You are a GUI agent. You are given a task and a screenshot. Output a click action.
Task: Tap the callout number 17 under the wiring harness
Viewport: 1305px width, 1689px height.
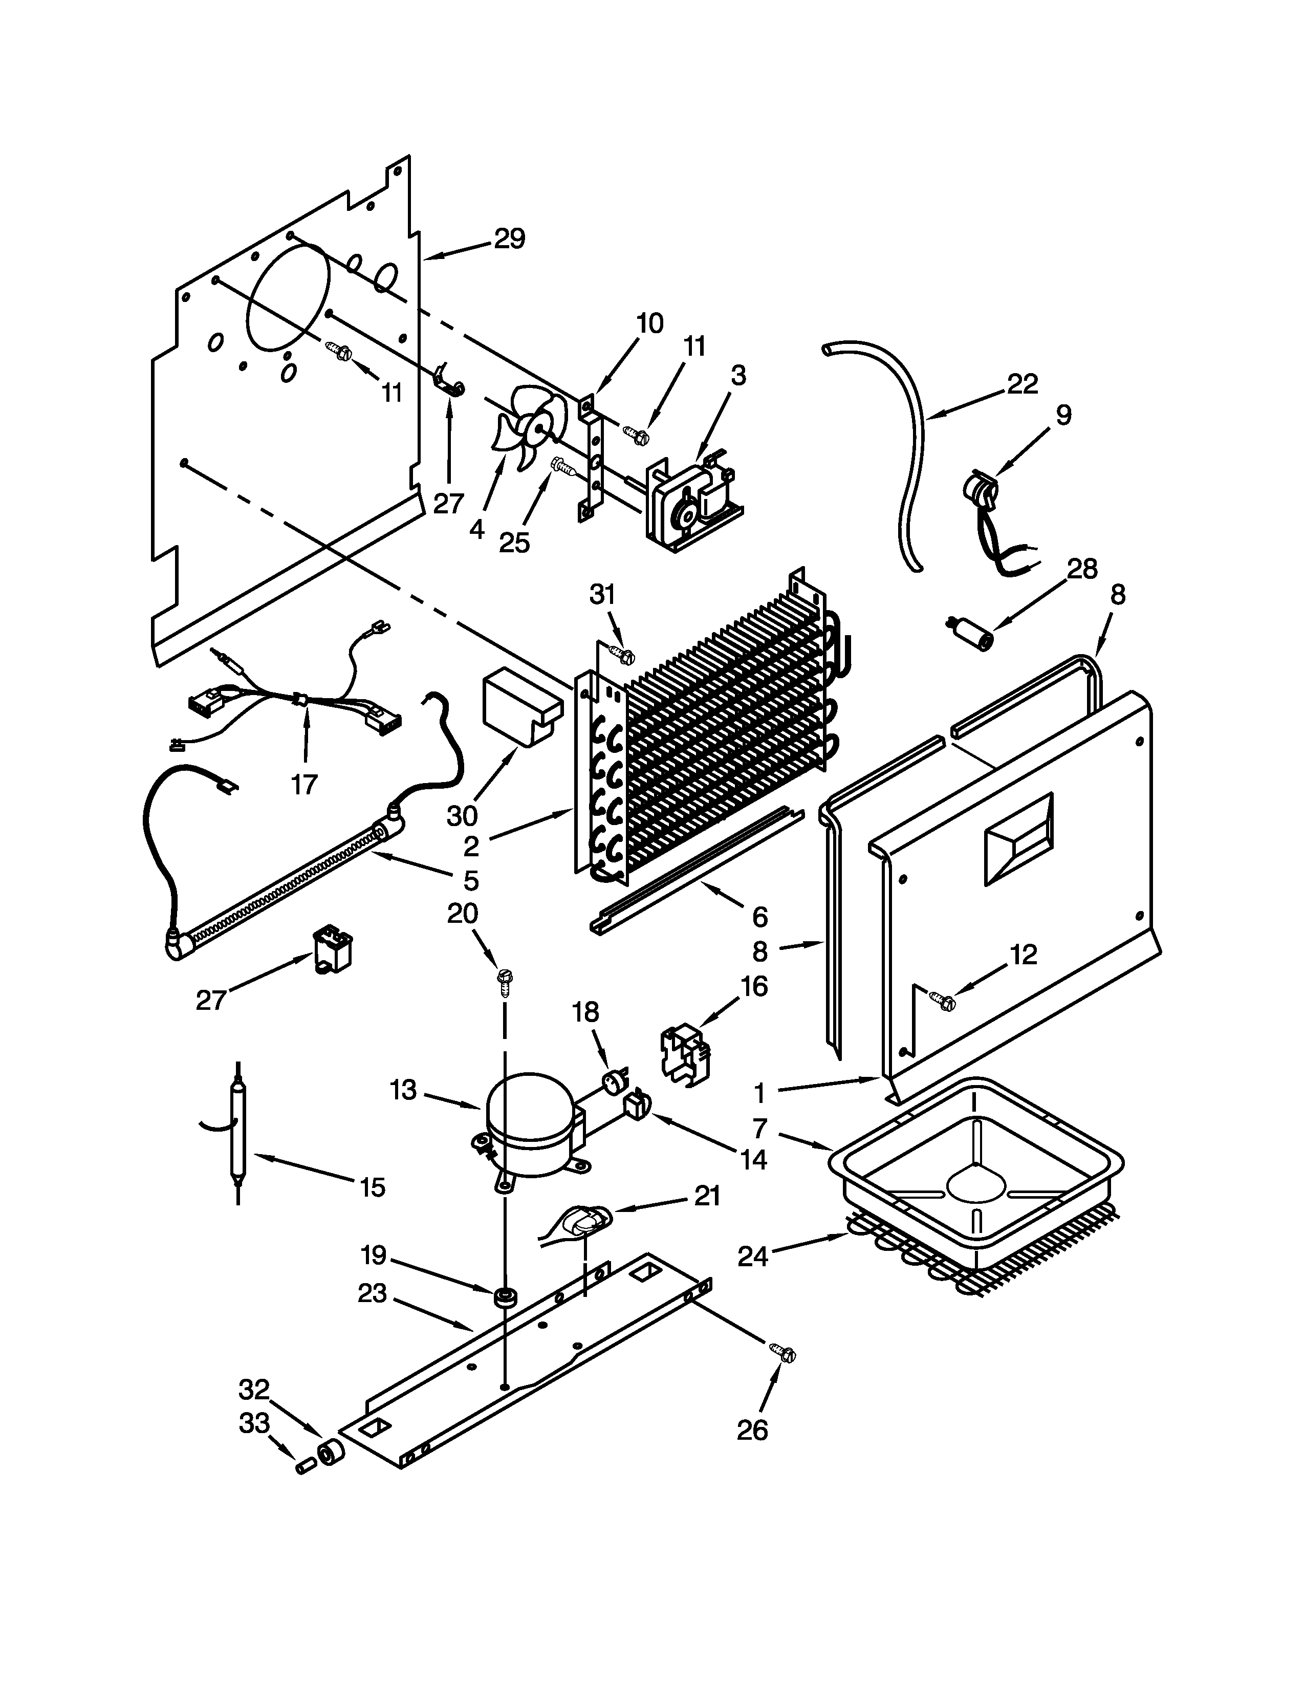pos(304,784)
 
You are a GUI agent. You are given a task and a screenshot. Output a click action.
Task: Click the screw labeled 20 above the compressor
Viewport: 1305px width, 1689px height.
pos(505,981)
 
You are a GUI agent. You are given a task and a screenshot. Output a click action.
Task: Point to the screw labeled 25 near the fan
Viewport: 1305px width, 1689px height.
pos(562,466)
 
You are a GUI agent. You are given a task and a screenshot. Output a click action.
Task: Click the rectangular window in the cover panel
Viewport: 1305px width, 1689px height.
pos(1017,838)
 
